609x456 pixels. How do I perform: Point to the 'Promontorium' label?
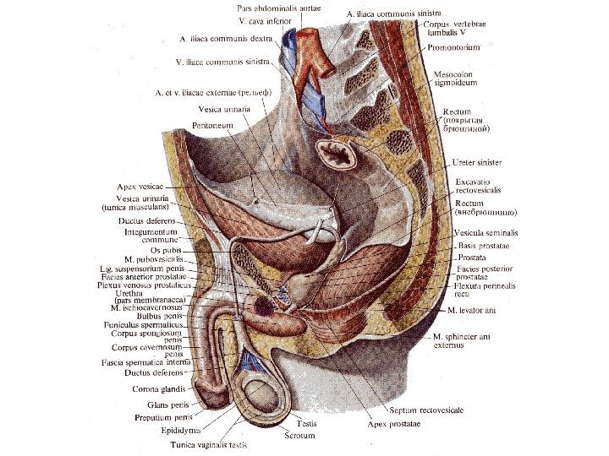[451, 47]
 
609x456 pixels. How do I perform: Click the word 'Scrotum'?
[301, 436]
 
